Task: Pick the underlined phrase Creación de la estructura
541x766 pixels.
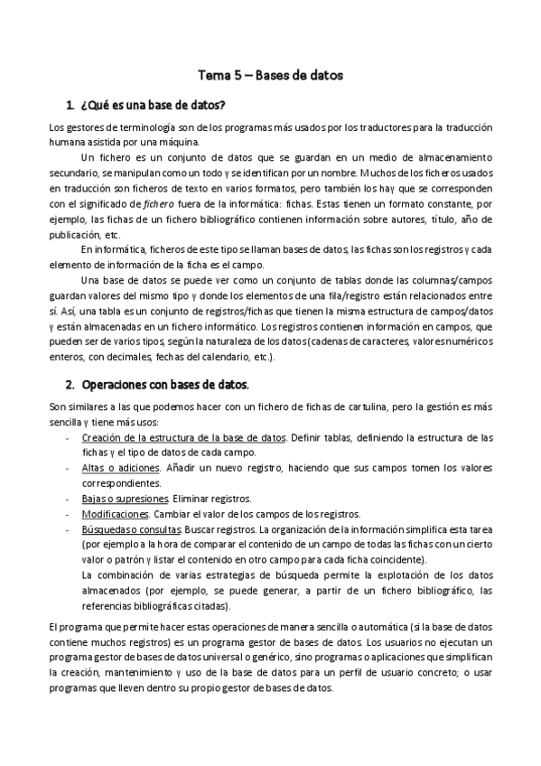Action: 152,437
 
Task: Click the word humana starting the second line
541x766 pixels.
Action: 67,140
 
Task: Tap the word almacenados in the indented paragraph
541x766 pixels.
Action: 110,591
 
